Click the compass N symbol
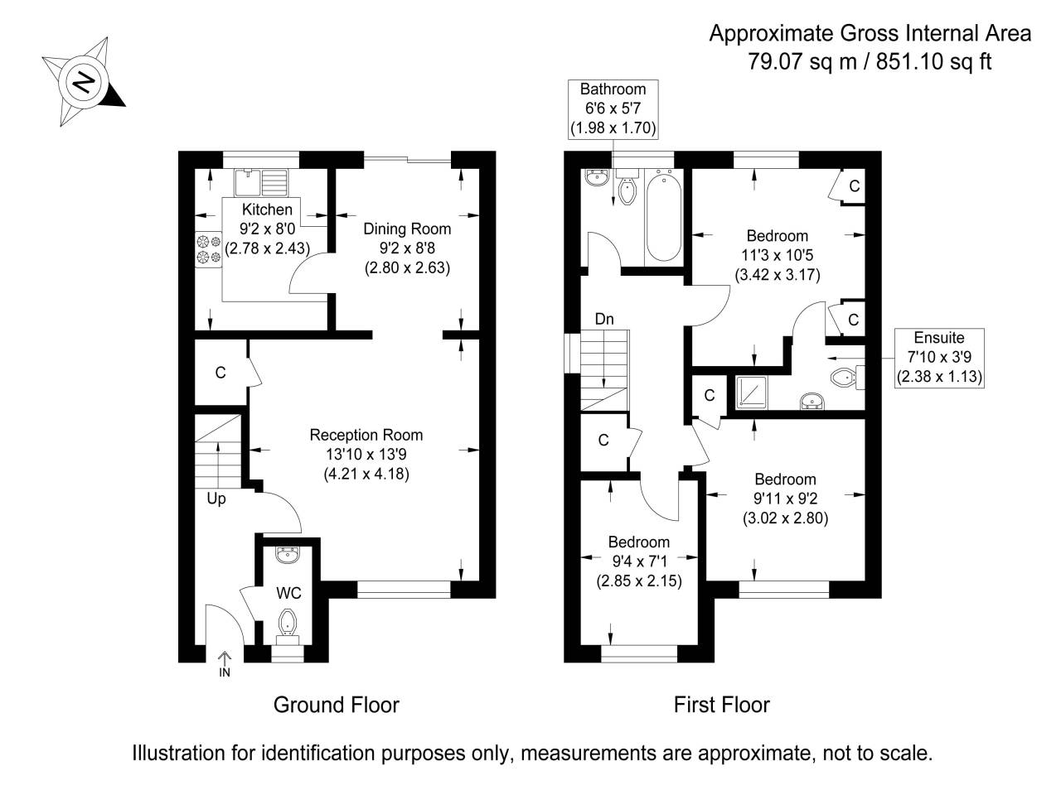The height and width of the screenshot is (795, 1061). (84, 82)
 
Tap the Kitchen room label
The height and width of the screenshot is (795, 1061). (267, 210)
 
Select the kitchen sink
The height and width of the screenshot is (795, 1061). (261, 182)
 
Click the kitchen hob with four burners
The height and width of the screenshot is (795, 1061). (208, 249)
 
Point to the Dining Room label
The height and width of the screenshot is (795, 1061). (407, 229)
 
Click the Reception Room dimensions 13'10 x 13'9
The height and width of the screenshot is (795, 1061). (366, 454)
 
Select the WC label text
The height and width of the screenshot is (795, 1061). (288, 593)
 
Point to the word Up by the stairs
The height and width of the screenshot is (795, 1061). (216, 499)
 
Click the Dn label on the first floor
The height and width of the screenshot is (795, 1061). (604, 319)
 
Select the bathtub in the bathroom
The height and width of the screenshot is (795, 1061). (664, 217)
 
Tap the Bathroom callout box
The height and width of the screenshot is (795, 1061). (613, 109)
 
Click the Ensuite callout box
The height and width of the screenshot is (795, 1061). (939, 358)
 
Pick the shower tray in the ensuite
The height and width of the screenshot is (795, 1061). (752, 393)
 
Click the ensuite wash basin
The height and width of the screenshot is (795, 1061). (812, 400)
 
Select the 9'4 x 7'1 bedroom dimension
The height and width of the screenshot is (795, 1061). (639, 561)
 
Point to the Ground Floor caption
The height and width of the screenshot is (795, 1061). (337, 706)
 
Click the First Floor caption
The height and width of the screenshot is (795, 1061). (722, 706)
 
